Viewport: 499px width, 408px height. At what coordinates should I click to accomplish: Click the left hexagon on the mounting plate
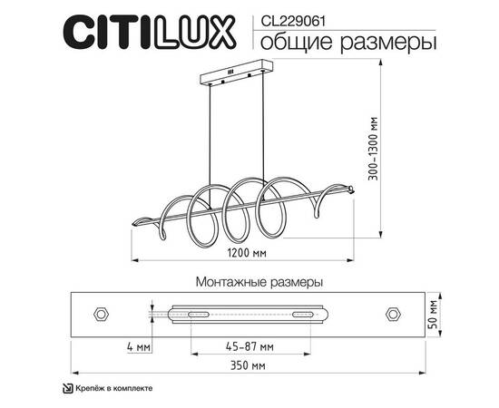click(102, 314)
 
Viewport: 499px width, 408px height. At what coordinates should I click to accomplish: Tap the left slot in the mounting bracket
click(192, 314)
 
